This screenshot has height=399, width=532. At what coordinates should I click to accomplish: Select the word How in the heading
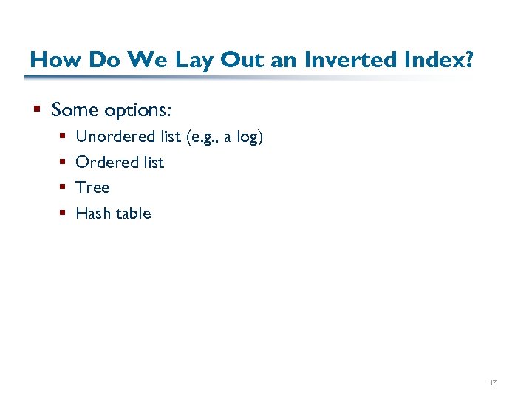coord(50,59)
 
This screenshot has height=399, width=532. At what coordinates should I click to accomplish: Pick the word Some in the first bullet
coord(75,110)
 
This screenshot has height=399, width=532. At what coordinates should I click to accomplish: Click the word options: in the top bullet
coord(138,110)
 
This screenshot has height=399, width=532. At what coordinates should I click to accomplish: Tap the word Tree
coord(92,188)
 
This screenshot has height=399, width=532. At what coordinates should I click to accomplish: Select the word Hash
coord(93,214)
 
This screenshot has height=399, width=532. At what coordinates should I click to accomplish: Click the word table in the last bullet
coord(133,214)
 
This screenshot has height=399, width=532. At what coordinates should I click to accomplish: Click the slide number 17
coord(493,383)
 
